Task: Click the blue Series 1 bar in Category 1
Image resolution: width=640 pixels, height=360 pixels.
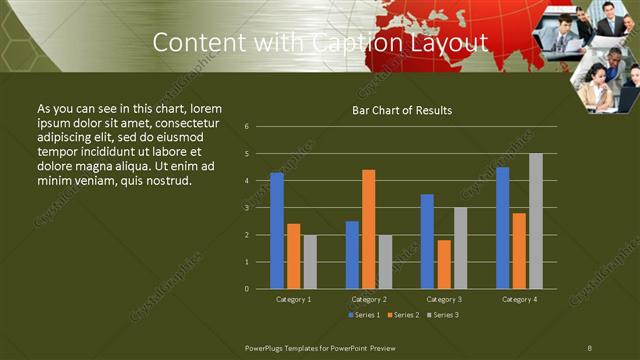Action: click(x=277, y=231)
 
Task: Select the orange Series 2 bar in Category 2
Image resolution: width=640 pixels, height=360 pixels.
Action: click(x=369, y=229)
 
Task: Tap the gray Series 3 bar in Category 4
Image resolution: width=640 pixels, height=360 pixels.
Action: click(x=536, y=221)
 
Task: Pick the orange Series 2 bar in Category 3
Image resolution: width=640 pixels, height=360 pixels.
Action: click(x=444, y=264)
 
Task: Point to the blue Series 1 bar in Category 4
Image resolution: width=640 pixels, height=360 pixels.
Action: click(x=502, y=228)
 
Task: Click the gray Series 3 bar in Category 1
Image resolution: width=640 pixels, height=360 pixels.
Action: click(x=310, y=262)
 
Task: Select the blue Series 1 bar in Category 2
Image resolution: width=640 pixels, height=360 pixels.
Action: click(x=352, y=255)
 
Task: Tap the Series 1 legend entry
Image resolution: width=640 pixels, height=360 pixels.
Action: click(x=364, y=315)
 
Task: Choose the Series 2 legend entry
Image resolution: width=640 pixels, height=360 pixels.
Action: click(x=402, y=315)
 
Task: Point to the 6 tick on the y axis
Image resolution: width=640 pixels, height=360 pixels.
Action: click(x=246, y=127)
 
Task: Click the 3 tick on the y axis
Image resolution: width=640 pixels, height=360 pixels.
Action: click(x=246, y=208)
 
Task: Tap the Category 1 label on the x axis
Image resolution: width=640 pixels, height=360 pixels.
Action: click(x=293, y=299)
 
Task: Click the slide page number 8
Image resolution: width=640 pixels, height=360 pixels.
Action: click(x=590, y=346)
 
